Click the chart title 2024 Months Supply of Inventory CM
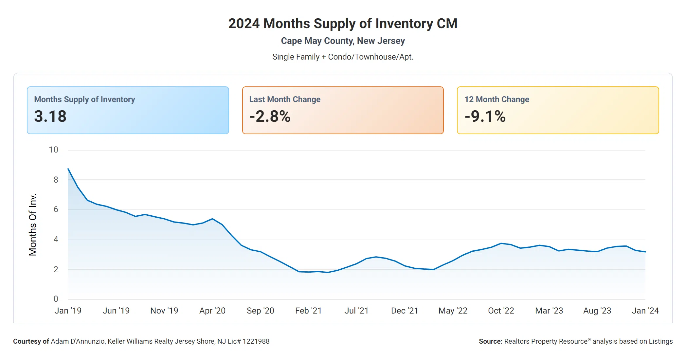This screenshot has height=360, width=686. pos(343,24)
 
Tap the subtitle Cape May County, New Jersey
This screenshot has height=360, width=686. pos(343,41)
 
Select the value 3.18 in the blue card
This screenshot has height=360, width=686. pos(50,117)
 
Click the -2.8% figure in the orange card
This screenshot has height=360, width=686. pos(270,117)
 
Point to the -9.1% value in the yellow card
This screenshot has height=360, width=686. pos(485,117)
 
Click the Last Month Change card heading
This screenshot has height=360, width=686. pos(285,99)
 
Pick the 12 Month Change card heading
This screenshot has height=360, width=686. pos(496,99)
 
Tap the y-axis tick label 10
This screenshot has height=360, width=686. pos(53,150)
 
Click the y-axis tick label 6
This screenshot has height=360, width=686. pos(56,209)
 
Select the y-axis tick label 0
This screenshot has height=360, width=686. pos(56,299)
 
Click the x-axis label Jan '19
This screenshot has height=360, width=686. pos(68,311)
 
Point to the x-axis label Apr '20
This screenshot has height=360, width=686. pos(212,311)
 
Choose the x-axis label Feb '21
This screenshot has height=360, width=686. pos(308,311)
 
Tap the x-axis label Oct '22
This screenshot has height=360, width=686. pos(501,311)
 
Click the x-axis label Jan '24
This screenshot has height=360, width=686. pos(645,311)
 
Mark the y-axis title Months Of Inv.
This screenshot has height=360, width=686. pos(33,225)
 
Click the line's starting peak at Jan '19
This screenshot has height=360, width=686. pos(68,169)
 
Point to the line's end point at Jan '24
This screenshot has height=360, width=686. pos(645,252)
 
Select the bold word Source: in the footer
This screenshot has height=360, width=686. pos(490,341)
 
